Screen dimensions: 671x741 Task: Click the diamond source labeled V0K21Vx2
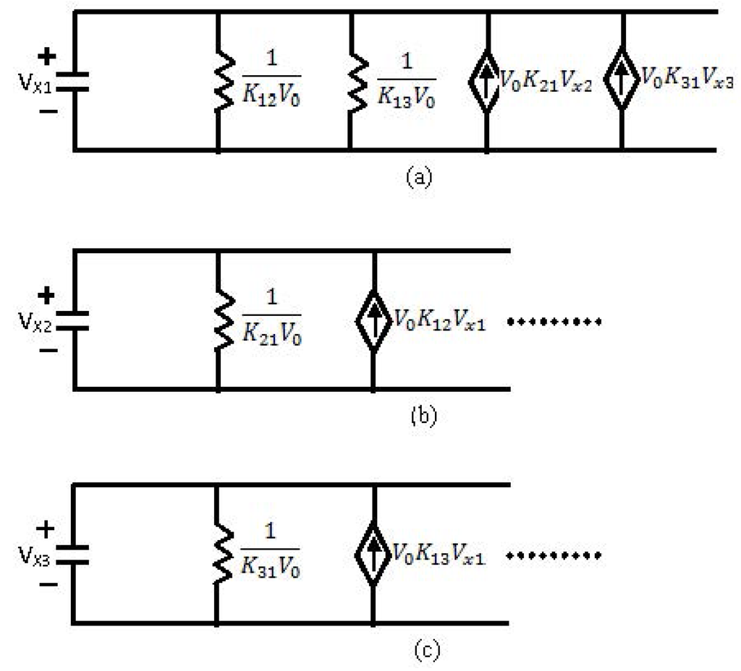[x=486, y=82]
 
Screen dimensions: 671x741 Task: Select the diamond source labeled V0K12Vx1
[x=373, y=320]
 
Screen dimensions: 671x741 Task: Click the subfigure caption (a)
[x=419, y=176]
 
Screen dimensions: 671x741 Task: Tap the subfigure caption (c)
[x=426, y=650]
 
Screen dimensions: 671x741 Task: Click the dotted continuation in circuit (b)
[x=554, y=321]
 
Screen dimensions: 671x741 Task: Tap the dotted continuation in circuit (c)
[x=554, y=556]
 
